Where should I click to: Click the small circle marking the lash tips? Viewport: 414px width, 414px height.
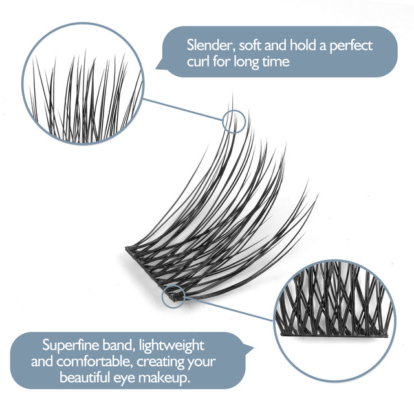coord(234,120)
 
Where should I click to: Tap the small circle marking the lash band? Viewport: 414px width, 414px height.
coord(175,295)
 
